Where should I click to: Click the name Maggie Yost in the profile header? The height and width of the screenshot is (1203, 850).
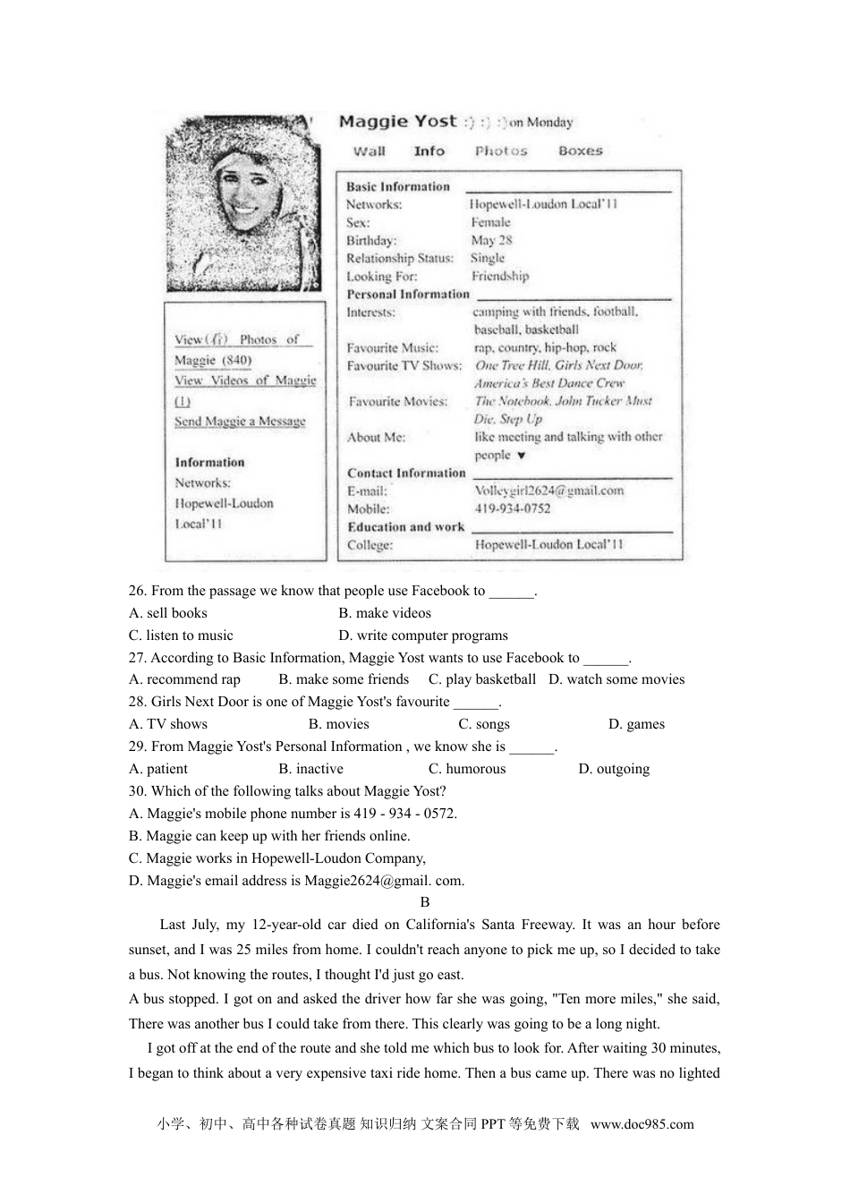[397, 122]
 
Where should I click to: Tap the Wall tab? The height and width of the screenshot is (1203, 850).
[369, 151]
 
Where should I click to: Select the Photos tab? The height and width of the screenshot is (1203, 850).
[501, 151]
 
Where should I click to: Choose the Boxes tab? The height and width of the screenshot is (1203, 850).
[581, 151]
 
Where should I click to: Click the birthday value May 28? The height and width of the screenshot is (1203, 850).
[491, 240]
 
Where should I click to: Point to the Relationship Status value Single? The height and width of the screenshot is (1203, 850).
[488, 258]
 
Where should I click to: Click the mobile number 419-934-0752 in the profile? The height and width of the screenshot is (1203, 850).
[512, 508]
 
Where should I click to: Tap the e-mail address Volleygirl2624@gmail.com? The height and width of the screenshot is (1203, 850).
[548, 491]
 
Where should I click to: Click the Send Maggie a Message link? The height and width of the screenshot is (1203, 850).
[240, 422]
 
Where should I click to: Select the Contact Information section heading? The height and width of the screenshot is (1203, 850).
[406, 473]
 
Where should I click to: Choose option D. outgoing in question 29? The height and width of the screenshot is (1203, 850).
[614, 769]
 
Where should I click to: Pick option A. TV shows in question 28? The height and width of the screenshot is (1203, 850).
[168, 724]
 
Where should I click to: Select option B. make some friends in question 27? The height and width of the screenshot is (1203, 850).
[344, 679]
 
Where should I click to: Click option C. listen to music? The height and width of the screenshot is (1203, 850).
[181, 636]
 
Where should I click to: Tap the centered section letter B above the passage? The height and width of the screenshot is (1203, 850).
[425, 902]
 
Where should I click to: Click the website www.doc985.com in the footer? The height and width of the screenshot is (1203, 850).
[642, 1125]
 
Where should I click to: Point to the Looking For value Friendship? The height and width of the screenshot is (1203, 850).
[500, 276]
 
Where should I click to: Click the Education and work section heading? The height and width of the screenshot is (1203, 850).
[405, 526]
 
